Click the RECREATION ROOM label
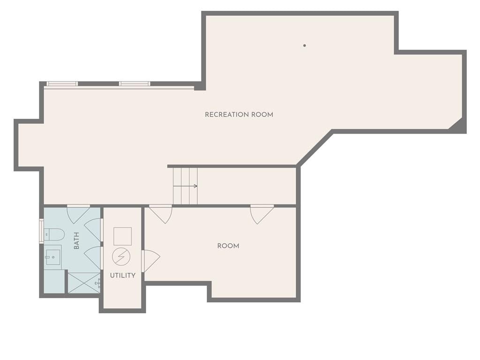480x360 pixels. point(239,114)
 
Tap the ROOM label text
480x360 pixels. point(228,246)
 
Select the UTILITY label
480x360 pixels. point(122,276)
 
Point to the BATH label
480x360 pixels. point(76,240)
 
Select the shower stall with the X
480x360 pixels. point(84,283)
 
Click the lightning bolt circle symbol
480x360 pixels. point(121,256)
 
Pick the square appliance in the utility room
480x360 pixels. point(122,236)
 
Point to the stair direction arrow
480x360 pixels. point(185,186)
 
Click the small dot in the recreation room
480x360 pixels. point(305,45)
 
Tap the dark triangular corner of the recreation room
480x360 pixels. point(457,125)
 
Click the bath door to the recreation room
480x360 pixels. point(78,214)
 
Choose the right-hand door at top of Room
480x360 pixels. point(262,214)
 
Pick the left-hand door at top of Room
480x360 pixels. point(160,214)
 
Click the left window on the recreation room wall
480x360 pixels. point(62,84)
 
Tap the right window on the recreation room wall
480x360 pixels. point(135,84)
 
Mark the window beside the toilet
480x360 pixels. point(41,231)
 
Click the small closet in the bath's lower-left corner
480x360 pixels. point(54,281)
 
